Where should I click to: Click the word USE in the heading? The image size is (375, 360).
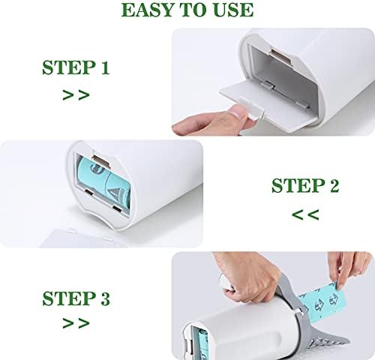233,10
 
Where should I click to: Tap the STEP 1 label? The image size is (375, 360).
76,67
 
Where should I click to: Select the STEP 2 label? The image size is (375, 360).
305,185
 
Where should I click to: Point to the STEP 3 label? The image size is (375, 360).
76,298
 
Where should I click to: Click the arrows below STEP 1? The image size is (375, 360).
76,95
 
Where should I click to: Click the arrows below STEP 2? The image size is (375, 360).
305,214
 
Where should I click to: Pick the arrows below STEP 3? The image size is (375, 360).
76,323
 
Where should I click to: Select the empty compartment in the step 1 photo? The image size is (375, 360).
280,73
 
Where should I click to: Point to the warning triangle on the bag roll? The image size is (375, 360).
113,193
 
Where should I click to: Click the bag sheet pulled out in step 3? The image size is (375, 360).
322,301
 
